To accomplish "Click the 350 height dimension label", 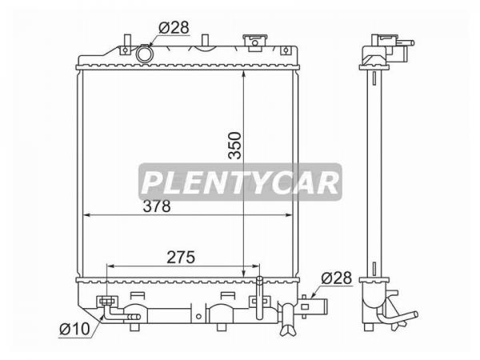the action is pos(234,146).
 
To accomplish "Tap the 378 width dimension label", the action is pos(157,206).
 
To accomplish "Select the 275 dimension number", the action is pos(181,257).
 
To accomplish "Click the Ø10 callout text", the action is pos(74,329).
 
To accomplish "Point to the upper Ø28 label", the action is pos(174,27).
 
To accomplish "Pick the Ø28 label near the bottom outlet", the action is pos(337,278).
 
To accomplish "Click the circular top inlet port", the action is pos(144,54).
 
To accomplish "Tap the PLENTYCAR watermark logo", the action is pos(240,182).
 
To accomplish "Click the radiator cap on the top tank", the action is pos(254,42).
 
